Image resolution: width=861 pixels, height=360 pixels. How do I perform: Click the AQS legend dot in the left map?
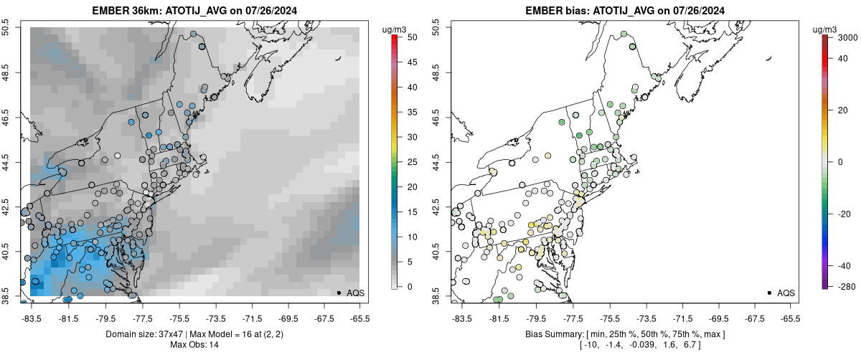(x=338, y=293)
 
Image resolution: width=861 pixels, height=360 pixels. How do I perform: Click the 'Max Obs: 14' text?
(x=194, y=345)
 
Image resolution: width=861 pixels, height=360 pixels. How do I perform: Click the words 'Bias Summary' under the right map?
(x=555, y=334)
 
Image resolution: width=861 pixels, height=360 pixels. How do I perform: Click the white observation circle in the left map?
(x=118, y=155)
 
